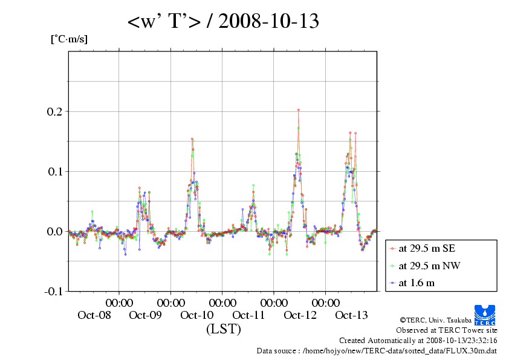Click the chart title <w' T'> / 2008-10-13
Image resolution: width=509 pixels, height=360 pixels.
(x=223, y=22)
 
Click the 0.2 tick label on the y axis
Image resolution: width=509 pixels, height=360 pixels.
(x=55, y=112)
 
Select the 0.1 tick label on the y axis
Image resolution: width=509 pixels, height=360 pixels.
(x=55, y=172)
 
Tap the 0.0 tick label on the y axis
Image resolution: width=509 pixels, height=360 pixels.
(x=55, y=232)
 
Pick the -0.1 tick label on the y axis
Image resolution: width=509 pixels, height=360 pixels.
(x=53, y=292)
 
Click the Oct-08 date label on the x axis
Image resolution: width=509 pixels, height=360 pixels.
(x=94, y=315)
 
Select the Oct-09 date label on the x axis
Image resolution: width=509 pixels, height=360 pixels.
(x=145, y=315)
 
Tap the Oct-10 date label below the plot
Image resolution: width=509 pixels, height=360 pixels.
(x=197, y=315)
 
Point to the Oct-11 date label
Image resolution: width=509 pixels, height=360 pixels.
(x=248, y=315)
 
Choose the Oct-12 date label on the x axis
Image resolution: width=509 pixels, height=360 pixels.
(x=300, y=315)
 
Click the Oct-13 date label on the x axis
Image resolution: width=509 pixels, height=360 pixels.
(x=352, y=315)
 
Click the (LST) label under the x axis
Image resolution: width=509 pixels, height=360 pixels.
(x=224, y=330)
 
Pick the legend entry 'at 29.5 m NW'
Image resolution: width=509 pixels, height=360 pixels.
(x=426, y=266)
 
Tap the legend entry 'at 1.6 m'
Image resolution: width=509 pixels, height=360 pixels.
(x=417, y=283)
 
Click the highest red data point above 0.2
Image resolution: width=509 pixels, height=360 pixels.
(x=299, y=110)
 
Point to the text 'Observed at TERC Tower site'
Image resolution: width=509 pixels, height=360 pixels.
(x=447, y=330)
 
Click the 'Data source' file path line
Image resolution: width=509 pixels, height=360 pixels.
(x=377, y=350)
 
